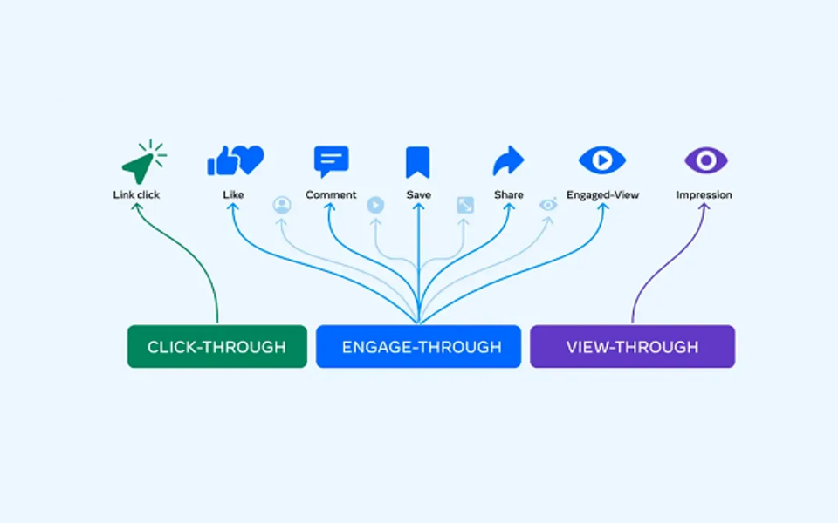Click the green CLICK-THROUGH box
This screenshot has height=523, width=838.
click(216, 346)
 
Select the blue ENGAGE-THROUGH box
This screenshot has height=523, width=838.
click(418, 346)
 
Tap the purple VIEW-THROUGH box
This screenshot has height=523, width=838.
click(632, 346)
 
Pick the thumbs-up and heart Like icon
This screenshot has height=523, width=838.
click(235, 160)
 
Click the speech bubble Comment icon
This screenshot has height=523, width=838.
click(331, 161)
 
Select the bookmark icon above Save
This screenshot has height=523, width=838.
click(418, 162)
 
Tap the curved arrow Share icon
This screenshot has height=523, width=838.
click(508, 161)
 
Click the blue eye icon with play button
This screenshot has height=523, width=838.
click(602, 160)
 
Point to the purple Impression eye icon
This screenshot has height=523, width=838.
click(705, 160)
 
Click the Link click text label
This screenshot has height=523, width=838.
click(136, 195)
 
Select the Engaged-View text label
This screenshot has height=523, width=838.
click(602, 195)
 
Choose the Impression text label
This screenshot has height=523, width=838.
click(704, 195)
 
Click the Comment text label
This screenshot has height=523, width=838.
click(331, 195)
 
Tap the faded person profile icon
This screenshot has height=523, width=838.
click(282, 205)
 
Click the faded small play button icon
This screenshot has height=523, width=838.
click(375, 205)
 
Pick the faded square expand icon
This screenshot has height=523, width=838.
click(465, 205)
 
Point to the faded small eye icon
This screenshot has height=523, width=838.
click(548, 205)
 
